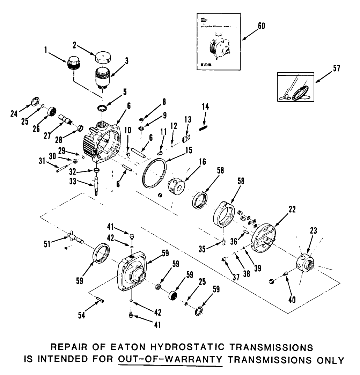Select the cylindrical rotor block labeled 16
[x=178, y=185]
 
